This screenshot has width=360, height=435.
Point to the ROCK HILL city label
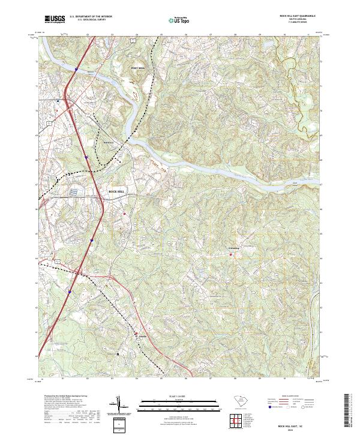(x=116, y=191)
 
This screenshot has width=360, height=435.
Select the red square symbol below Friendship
(x=230, y=255)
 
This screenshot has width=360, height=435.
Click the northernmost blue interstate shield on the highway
(x=76, y=70)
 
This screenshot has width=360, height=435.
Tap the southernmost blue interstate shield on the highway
(x=70, y=292)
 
